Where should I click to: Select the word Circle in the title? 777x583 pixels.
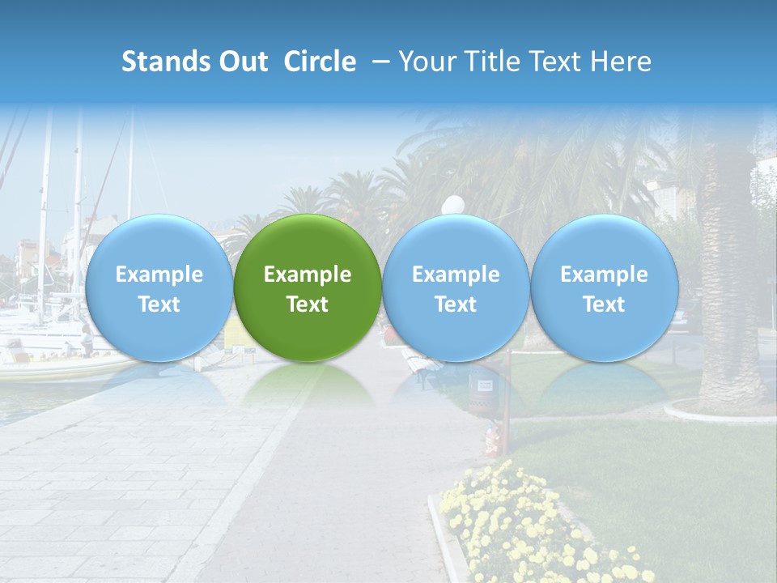click(x=320, y=62)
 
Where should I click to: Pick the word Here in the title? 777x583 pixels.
click(x=622, y=62)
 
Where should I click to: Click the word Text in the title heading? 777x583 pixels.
click(x=558, y=62)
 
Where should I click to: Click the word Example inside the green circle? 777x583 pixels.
click(x=308, y=274)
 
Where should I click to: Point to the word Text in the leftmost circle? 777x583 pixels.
click(x=159, y=304)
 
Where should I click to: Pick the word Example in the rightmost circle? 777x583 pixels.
click(x=604, y=274)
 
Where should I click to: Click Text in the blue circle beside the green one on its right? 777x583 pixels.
click(x=456, y=304)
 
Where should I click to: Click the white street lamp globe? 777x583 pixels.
click(x=452, y=205)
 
